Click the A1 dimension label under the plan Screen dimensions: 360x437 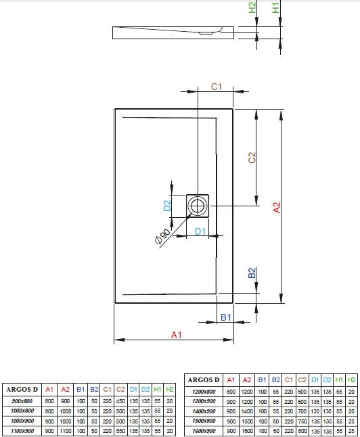click(177, 335)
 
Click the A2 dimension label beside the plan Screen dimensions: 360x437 click(276, 208)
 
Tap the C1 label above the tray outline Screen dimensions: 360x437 click(217, 87)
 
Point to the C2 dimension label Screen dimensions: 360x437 click(252, 158)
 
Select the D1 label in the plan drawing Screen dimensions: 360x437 click(200, 231)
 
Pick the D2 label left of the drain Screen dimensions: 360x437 click(167, 206)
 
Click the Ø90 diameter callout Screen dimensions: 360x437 click(162, 237)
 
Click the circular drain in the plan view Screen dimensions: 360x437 click(198, 206)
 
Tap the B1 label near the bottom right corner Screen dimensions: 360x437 click(226, 317)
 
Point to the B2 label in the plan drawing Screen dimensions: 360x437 click(252, 273)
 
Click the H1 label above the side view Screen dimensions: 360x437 click(275, 7)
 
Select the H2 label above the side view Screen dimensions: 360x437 click(252, 7)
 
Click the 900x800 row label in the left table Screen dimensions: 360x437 click(22, 401)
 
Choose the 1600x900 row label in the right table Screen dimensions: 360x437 click(204, 431)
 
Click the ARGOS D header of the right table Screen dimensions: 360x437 click(204, 380)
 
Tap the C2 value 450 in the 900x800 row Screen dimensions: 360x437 click(120, 401)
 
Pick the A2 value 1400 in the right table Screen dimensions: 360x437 click(247, 411)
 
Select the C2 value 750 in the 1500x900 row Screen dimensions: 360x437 click(302, 421)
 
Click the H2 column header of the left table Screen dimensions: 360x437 click(170, 390)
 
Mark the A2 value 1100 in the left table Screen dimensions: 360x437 click(65, 431)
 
